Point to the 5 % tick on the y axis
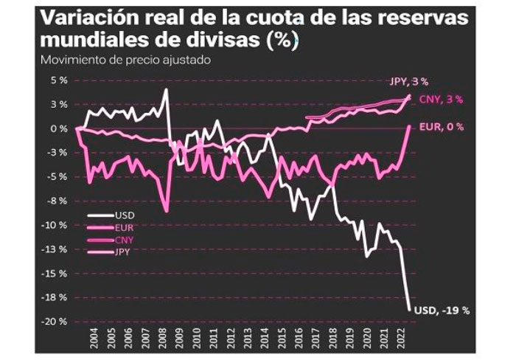click(58, 80)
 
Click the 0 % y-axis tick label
click(58, 128)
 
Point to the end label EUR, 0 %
click(441, 127)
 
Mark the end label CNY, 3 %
click(442, 100)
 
